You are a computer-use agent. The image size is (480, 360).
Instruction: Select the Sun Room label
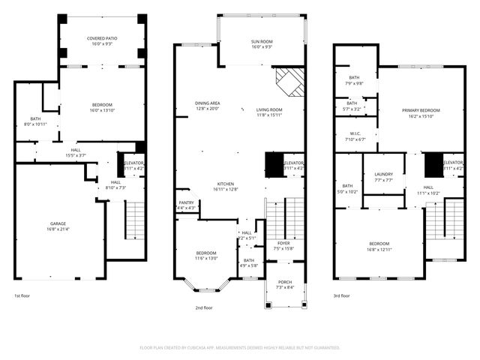[262, 41]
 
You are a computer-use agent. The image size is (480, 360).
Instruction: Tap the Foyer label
[283, 243]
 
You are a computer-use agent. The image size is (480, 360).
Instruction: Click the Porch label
[284, 282]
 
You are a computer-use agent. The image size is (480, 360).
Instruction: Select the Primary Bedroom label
[415, 110]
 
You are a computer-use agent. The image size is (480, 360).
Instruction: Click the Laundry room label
[383, 175]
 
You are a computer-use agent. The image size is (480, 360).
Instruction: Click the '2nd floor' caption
[203, 307]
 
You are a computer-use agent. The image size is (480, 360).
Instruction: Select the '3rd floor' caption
[341, 295]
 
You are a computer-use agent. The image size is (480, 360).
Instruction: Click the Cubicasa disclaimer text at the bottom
[240, 348]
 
